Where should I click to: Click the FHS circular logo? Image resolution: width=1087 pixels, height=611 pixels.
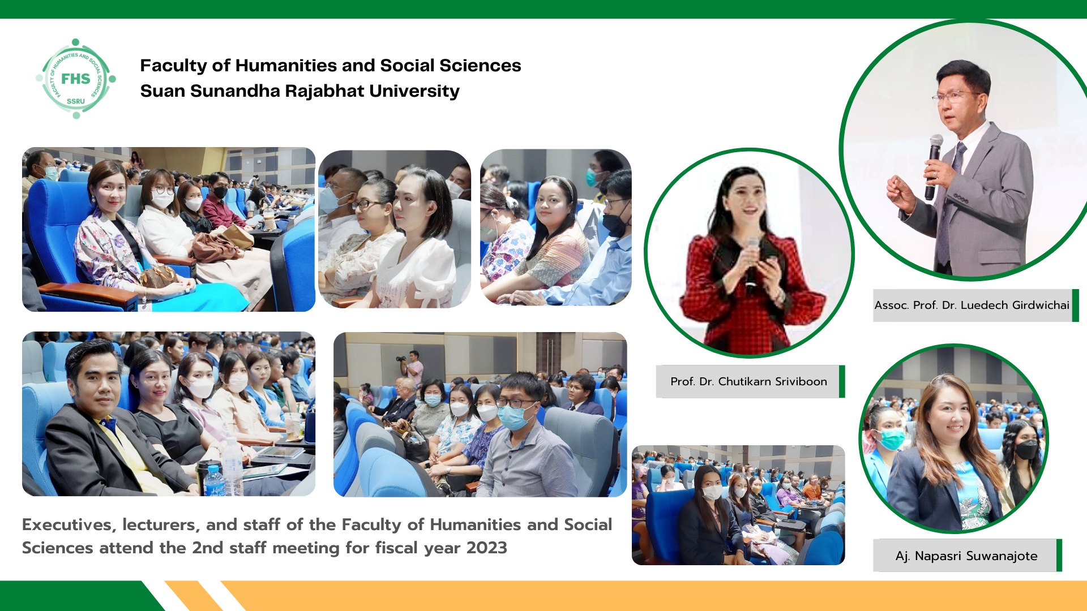[76, 79]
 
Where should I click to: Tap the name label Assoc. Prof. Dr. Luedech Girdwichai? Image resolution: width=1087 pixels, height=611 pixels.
[972, 305]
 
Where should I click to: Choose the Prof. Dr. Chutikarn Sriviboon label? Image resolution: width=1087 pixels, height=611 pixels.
[748, 382]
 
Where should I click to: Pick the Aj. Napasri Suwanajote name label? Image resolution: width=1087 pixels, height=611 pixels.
[966, 556]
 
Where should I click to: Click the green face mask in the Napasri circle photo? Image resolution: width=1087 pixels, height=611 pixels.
[892, 438]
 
